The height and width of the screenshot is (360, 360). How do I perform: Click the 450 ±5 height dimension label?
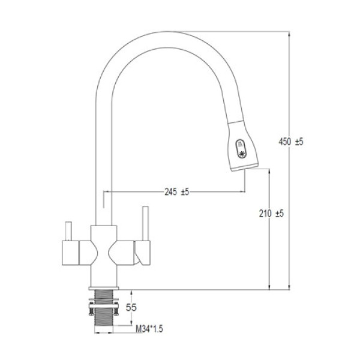291,142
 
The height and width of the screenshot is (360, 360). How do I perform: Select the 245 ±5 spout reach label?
176,192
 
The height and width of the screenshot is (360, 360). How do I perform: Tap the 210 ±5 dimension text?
271,214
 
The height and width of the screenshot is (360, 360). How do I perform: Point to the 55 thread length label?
131,307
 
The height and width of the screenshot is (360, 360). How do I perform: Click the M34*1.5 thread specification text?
149,329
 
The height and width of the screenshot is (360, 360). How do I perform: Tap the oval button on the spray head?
241,149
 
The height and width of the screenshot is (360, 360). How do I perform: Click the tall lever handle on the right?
145,223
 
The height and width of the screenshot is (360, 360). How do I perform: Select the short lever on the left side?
68,231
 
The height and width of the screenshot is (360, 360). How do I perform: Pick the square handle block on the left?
70,253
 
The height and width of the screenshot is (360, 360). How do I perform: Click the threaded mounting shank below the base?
104,308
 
